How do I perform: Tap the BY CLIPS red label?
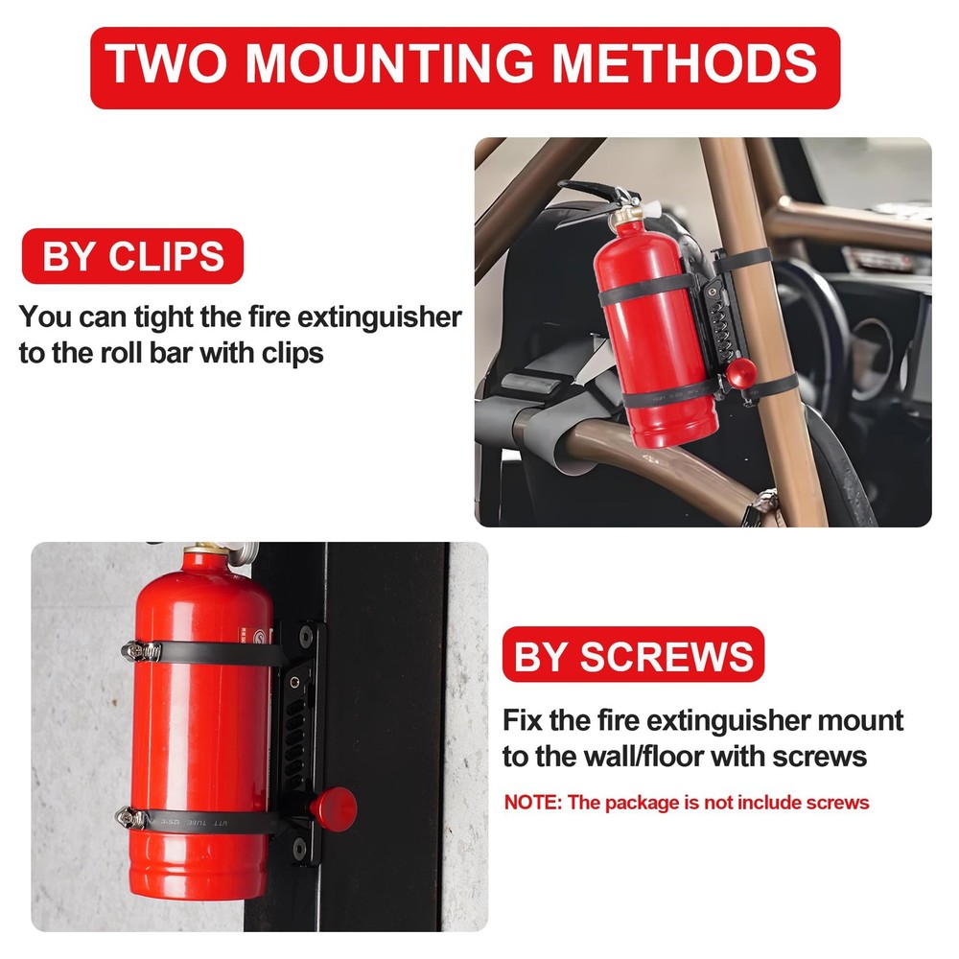click(x=132, y=257)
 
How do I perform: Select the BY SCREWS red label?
click(x=633, y=657)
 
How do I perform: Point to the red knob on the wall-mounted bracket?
click(x=337, y=807)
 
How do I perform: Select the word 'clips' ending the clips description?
click(x=289, y=353)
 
